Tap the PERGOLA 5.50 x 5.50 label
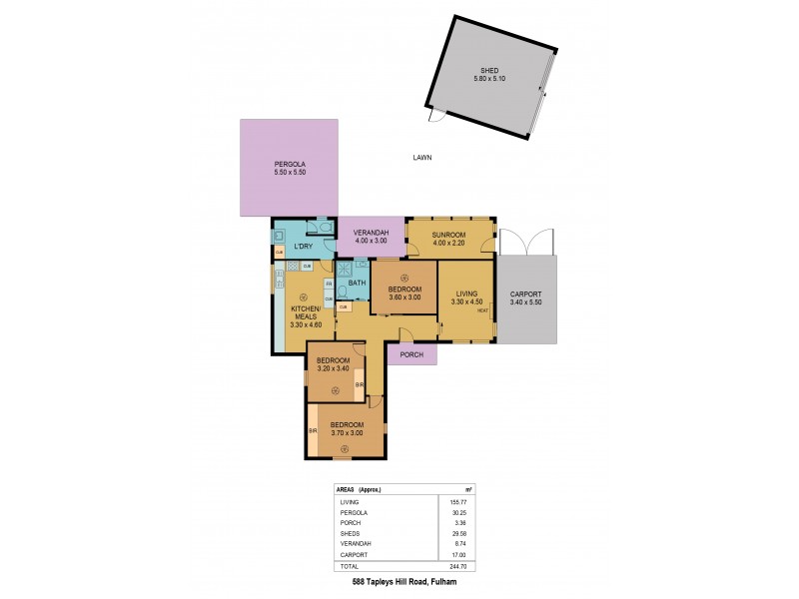[290, 169]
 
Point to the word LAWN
[421, 158]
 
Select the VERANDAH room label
[371, 234]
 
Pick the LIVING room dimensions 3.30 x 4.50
[466, 302]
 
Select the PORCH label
[411, 354]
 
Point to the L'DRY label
[292, 246]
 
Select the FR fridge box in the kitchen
[329, 285]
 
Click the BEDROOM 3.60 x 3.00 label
[404, 294]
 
